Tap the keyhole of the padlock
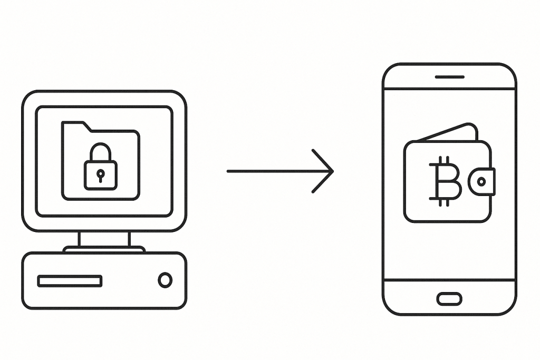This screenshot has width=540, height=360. (x=100, y=174)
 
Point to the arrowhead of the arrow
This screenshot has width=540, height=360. (x=330, y=171)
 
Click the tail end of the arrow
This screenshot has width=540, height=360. (x=230, y=171)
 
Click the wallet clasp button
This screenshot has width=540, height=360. (x=481, y=181)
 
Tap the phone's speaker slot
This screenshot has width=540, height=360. (x=449, y=77)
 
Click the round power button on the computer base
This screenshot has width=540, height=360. (x=165, y=280)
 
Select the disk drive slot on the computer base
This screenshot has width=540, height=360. (x=70, y=281)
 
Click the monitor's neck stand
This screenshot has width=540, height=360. (x=104, y=239)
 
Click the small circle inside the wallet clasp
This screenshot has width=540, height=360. (x=481, y=182)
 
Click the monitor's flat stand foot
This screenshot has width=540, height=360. (x=104, y=249)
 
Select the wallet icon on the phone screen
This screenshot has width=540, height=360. (x=448, y=177)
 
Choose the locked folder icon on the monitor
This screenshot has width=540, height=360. (x=101, y=161)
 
